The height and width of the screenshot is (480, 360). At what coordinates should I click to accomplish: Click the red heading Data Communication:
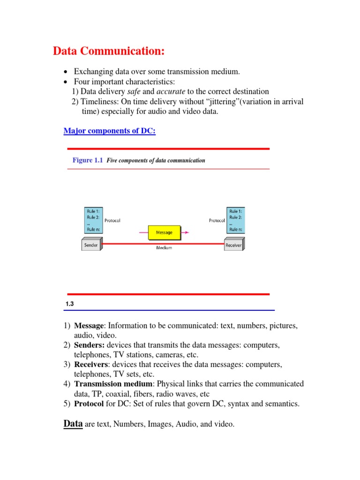(108, 51)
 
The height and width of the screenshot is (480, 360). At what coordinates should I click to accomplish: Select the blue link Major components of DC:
(109, 131)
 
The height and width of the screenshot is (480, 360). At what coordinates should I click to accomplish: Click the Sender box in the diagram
(91, 245)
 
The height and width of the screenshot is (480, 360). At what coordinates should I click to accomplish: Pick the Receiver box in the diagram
(233, 245)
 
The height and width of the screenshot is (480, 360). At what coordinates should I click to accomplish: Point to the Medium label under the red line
(164, 248)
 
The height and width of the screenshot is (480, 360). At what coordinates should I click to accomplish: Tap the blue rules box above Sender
(92, 220)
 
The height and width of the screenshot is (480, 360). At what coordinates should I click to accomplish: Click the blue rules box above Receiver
(236, 220)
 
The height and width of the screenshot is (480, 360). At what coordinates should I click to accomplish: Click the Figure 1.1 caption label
(88, 160)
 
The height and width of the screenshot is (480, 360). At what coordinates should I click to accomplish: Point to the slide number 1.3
(70, 304)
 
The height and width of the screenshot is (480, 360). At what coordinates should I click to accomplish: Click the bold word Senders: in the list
(90, 345)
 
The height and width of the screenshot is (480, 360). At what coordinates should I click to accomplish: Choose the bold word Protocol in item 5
(89, 404)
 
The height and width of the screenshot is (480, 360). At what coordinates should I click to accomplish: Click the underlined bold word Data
(73, 424)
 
